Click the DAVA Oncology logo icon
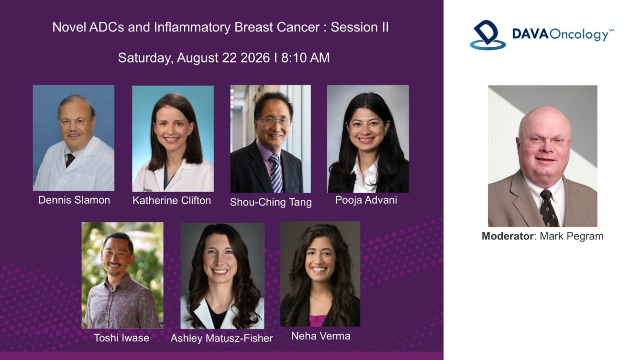(x=487, y=35)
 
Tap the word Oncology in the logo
(x=579, y=35)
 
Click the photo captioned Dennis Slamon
(x=74, y=138)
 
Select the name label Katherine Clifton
(x=172, y=200)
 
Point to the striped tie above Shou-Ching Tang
(x=276, y=173)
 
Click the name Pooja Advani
(x=366, y=200)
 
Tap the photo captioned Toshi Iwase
(x=122, y=275)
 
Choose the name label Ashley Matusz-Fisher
(x=222, y=338)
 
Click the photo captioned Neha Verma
(x=320, y=274)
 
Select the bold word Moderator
(x=507, y=236)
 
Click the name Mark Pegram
(x=572, y=236)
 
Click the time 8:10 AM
(x=306, y=58)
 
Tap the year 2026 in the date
(x=255, y=58)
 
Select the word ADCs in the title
(x=107, y=27)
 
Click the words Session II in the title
(x=360, y=27)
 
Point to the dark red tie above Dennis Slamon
(x=70, y=160)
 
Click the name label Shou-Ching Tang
(x=271, y=202)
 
